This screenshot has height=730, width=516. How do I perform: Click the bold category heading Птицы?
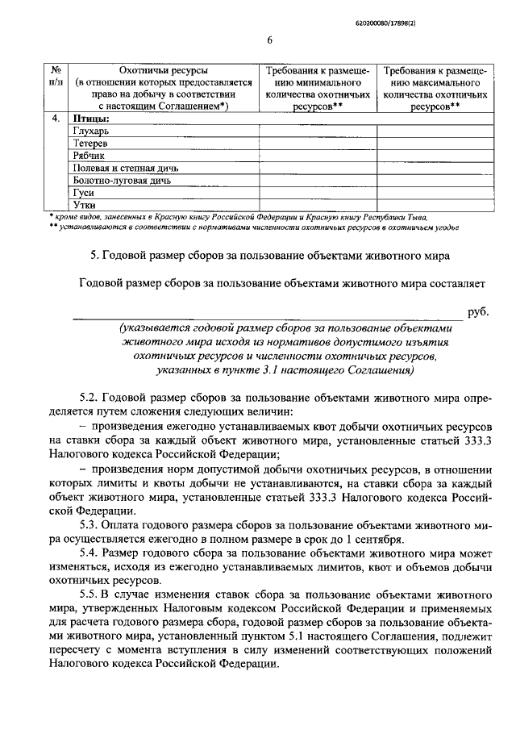pos(90,118)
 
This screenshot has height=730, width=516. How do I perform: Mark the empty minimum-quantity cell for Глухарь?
pos(318,130)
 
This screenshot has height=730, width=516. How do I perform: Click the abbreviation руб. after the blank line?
pos(477,311)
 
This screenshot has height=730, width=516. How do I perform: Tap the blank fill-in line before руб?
pos(266,318)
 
